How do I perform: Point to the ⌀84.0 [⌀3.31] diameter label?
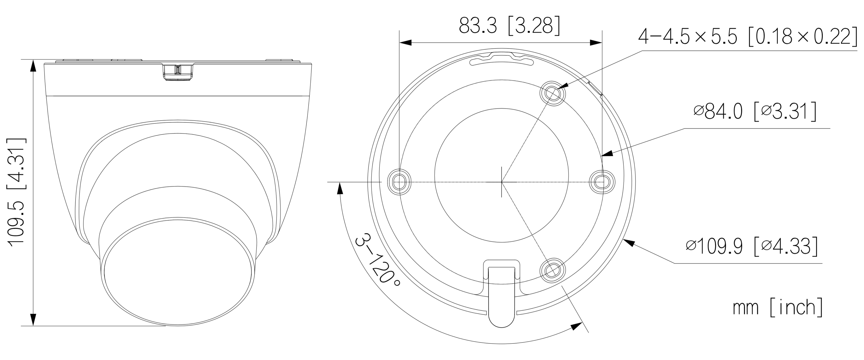(755, 112)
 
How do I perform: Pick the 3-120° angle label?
(377, 260)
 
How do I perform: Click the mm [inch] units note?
(778, 307)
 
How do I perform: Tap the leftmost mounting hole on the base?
(399, 182)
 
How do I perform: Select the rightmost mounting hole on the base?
(602, 182)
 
